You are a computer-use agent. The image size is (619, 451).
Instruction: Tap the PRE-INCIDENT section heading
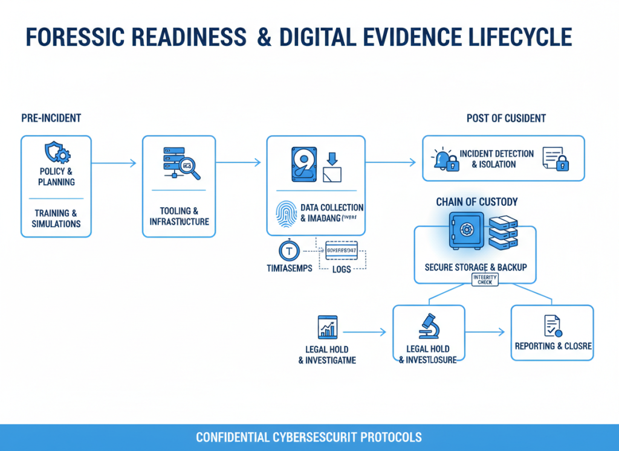pyautogui.click(x=51, y=118)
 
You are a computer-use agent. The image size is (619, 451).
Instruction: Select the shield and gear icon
pyautogui.click(x=56, y=152)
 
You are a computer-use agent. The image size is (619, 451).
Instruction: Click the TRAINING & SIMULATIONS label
pyautogui.click(x=56, y=219)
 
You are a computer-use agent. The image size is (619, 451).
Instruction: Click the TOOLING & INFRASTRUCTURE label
pyautogui.click(x=179, y=216)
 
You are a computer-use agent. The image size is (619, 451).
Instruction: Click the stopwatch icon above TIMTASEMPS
pyautogui.click(x=288, y=250)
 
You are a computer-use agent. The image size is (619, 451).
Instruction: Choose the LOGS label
pyautogui.click(x=342, y=269)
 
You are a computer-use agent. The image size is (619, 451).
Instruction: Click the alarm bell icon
pyautogui.click(x=443, y=159)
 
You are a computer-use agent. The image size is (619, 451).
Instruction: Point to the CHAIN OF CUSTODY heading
pyautogui.click(x=476, y=202)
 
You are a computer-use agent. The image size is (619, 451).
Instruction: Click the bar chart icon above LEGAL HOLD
pyautogui.click(x=327, y=327)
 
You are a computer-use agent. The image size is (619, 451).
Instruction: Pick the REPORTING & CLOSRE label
pyautogui.click(x=553, y=347)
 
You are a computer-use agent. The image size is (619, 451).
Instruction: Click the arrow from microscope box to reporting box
pyautogui.click(x=485, y=331)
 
